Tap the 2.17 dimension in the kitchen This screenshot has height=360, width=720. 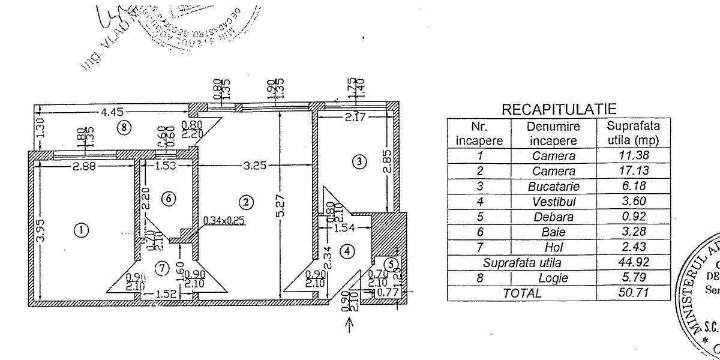coord(355,118)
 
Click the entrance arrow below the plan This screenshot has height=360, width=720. coord(351,324)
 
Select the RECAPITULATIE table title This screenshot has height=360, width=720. coord(559,109)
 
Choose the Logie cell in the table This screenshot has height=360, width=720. coord(553,278)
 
